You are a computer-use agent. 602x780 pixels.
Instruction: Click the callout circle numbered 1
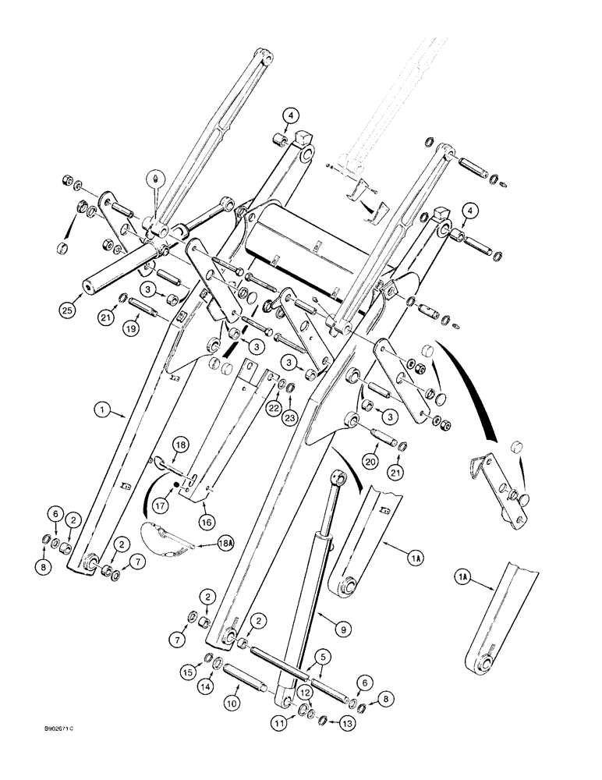coord(101,407)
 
